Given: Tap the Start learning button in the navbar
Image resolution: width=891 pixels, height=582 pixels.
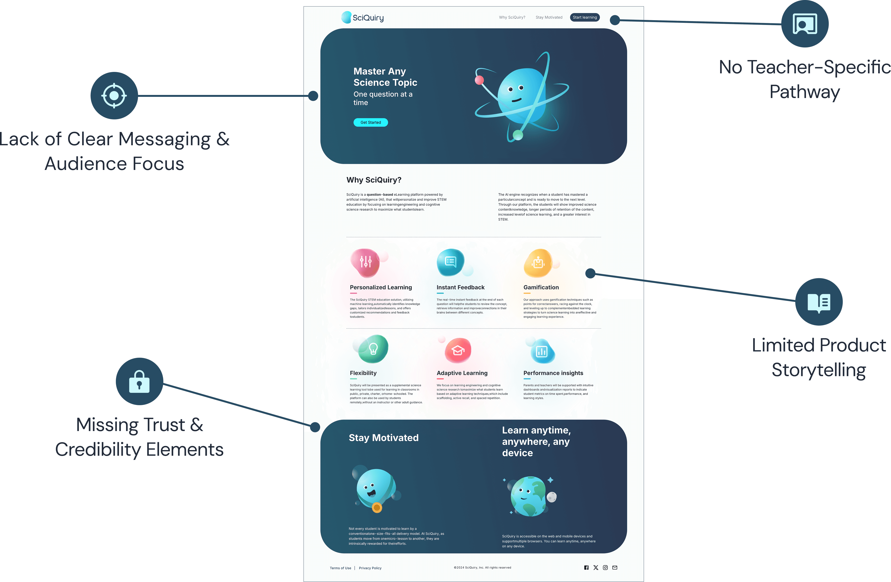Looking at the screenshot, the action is [x=584, y=17].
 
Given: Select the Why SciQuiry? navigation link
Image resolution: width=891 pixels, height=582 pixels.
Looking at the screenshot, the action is [x=512, y=17].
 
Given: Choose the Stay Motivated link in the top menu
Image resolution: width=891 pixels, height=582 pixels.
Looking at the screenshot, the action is [x=549, y=17].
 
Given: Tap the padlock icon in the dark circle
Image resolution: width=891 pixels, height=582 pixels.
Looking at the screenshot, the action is [x=139, y=381].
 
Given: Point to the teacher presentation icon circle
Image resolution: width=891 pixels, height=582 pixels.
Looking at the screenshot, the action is [x=805, y=24].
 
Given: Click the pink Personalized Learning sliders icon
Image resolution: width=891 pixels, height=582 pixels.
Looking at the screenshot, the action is [x=366, y=262].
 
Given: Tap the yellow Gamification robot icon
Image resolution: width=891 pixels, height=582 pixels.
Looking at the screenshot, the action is [x=538, y=263].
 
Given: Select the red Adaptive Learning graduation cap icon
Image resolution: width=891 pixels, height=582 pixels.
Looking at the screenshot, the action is [x=458, y=350].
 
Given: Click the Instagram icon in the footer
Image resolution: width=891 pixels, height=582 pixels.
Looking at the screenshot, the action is [x=605, y=568].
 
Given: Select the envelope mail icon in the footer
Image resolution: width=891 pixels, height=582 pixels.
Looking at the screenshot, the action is [x=615, y=568].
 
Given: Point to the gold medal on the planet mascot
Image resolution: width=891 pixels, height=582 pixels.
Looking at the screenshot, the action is [x=377, y=507].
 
